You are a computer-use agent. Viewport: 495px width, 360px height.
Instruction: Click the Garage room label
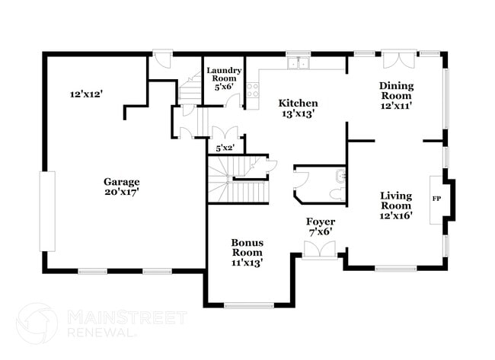click(x=122, y=182)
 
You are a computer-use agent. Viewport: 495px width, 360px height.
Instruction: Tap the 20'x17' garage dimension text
click(x=122, y=192)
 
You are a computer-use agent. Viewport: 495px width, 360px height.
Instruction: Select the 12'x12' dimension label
click(x=86, y=94)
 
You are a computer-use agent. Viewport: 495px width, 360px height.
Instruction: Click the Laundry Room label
click(x=225, y=75)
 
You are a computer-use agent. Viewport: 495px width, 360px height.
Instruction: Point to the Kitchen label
click(x=298, y=104)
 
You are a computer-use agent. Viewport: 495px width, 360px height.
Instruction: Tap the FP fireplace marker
click(x=437, y=199)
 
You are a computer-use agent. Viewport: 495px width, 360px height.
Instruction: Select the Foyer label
click(x=321, y=222)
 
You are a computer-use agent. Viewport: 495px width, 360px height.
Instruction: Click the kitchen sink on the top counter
click(x=299, y=63)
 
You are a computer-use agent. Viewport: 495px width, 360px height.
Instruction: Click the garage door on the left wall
click(x=48, y=212)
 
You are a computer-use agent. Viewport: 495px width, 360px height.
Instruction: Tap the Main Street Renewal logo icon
click(x=36, y=323)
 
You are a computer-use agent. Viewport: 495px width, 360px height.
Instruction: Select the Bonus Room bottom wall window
click(x=249, y=305)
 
